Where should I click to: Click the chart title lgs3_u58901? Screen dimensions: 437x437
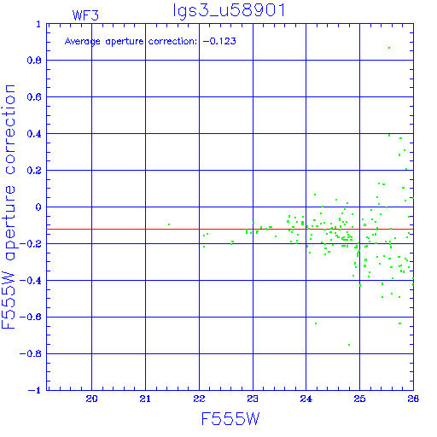click(229, 10)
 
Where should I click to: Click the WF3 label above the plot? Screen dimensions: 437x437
click(85, 15)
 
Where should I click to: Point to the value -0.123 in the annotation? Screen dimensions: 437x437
click(219, 41)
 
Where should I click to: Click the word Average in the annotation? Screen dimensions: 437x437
click(83, 42)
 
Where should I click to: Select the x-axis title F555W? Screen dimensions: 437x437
click(230, 418)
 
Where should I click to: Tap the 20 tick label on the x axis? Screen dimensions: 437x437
click(91, 399)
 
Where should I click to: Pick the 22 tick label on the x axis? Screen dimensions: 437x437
click(199, 399)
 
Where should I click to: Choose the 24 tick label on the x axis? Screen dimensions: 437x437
click(306, 399)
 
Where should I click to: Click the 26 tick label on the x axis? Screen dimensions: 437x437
click(413, 399)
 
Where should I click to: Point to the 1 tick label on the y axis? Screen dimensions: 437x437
click(38, 24)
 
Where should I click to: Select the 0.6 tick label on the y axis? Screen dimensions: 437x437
click(34, 97)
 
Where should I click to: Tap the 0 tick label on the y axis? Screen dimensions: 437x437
click(38, 207)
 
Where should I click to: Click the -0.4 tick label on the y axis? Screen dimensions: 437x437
click(31, 281)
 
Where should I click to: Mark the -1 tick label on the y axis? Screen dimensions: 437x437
click(35, 390)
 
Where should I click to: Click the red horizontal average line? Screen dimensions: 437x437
click(230, 229)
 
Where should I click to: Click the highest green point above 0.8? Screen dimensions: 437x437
click(389, 48)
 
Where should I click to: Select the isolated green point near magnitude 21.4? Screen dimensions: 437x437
click(169, 224)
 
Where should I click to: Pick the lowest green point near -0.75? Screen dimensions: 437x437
click(349, 345)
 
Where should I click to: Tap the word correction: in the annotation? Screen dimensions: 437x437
click(172, 42)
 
